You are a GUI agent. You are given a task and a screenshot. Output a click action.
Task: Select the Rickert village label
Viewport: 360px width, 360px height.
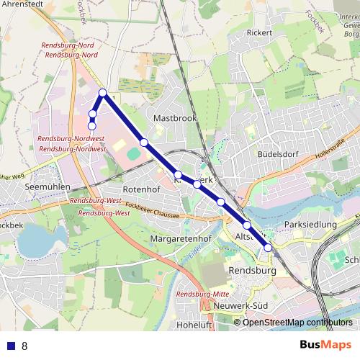(259, 33)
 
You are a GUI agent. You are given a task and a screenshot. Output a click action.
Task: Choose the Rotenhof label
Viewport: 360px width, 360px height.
(140, 189)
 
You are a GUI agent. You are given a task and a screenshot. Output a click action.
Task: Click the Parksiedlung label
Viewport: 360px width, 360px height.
(311, 225)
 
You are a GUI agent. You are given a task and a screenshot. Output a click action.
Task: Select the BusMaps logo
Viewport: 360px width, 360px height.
(326, 346)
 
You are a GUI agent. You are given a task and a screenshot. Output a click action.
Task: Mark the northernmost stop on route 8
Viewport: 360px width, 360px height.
(103, 93)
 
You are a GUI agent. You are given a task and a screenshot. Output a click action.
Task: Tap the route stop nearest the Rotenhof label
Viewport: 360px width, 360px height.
(178, 174)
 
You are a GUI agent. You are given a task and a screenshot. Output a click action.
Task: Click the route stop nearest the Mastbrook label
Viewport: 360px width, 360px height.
(144, 142)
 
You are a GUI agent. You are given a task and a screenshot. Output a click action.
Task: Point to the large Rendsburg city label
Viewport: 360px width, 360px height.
(252, 271)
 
